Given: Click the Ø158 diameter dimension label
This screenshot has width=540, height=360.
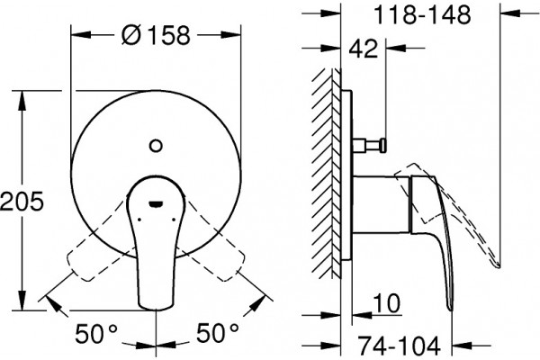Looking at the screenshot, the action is (x=156, y=35).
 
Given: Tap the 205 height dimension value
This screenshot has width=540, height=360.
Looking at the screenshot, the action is (x=22, y=201).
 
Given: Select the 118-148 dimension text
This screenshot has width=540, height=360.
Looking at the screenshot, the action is (x=422, y=14).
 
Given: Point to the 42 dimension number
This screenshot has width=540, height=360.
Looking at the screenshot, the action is (x=364, y=49).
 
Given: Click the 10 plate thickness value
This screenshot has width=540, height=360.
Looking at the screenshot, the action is (x=387, y=303).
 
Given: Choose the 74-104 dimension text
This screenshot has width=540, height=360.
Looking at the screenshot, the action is (x=399, y=346).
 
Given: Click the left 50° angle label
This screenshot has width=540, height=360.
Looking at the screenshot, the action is (x=96, y=333).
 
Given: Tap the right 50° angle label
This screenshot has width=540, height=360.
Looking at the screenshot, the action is (x=218, y=333).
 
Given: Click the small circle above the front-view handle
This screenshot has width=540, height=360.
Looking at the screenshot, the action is (x=156, y=146).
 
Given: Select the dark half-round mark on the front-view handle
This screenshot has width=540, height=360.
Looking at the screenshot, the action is (x=156, y=204).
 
